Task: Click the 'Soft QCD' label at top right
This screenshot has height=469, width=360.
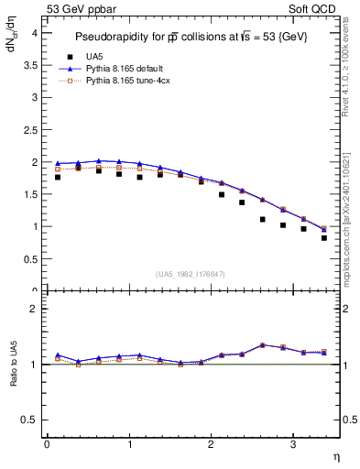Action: pos(317,10)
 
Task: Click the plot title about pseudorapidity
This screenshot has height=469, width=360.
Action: pos(192,38)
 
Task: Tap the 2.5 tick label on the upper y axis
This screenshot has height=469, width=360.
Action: pos(31,129)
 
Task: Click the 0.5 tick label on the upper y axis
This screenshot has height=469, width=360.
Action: pos(31,259)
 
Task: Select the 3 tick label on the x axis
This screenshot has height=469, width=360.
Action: pos(293,444)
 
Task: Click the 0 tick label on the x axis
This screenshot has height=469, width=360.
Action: pos(47,444)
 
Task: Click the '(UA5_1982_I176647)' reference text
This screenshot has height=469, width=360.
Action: pos(191,274)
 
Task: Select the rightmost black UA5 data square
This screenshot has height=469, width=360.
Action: pos(324,238)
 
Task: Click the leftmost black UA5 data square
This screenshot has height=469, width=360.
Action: pos(58,177)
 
